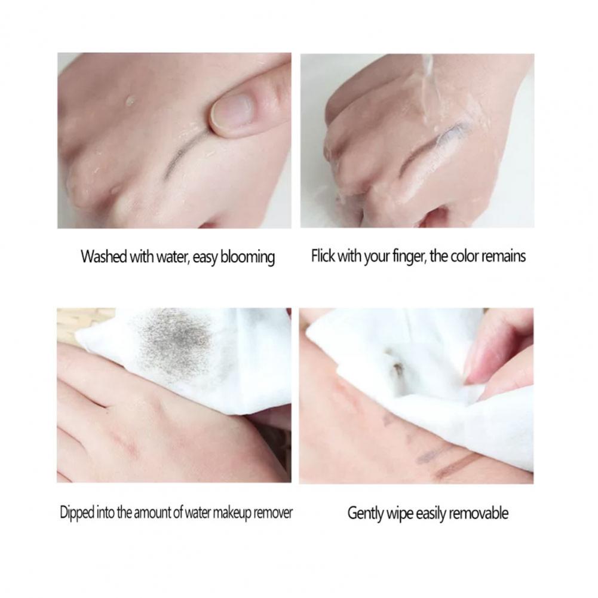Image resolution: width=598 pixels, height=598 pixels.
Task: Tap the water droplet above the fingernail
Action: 130,100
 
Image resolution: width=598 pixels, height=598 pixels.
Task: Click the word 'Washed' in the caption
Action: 104,256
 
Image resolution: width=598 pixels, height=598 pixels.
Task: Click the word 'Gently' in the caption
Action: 366,514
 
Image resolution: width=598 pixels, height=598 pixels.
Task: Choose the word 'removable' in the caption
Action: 479,513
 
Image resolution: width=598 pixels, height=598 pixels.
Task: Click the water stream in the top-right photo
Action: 428,88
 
